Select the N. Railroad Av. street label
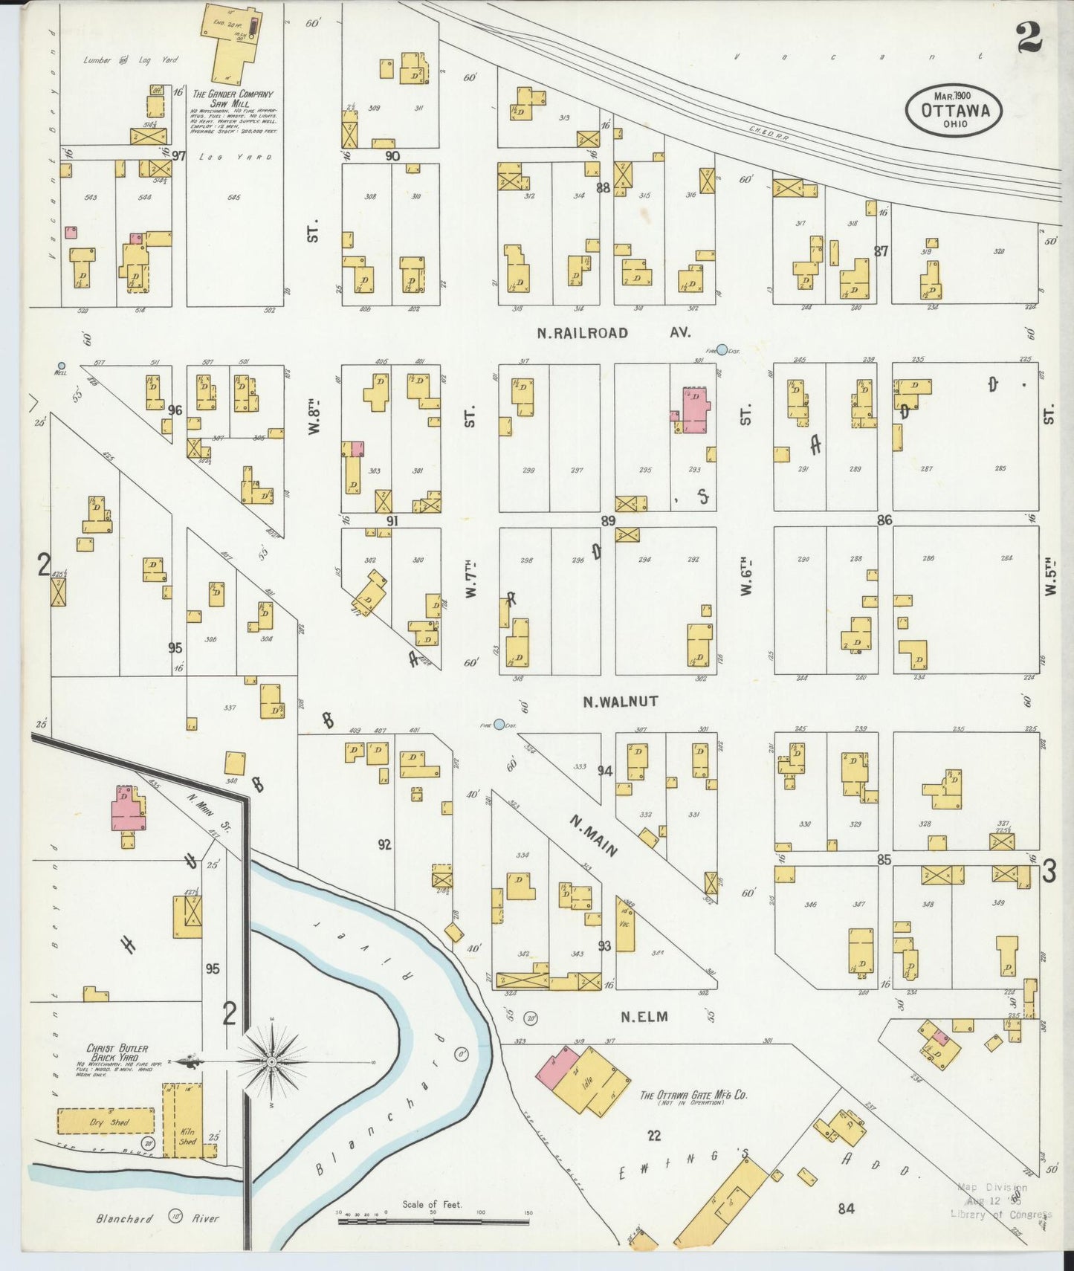point(604,333)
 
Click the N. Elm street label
point(644,1017)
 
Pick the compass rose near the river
point(272,1062)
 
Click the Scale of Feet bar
point(433,1220)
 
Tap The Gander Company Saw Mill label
point(233,100)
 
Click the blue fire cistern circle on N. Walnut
point(499,725)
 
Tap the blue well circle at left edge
point(62,366)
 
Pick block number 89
point(608,521)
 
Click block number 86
point(884,520)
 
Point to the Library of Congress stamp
point(1000,1201)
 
